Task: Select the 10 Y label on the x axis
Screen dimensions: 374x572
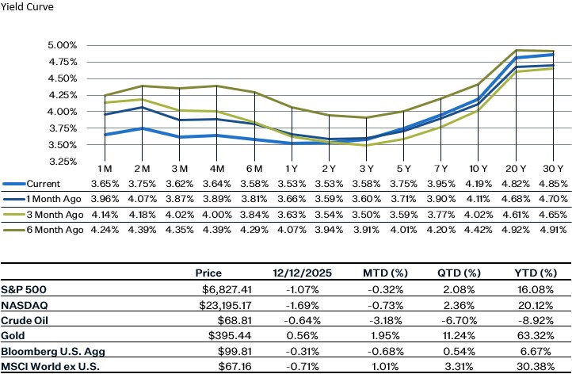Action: click(x=479, y=170)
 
